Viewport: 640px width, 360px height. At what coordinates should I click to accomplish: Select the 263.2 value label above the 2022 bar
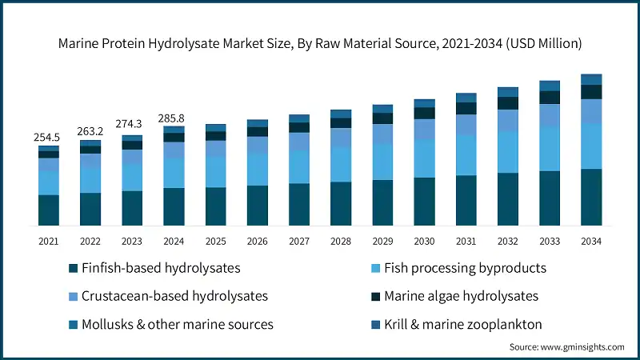pos(90,132)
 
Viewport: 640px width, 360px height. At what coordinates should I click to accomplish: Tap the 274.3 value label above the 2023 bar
pos(132,125)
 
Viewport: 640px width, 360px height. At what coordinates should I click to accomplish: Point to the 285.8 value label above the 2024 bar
pos(174,118)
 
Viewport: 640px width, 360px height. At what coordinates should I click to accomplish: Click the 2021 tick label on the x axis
pos(48,241)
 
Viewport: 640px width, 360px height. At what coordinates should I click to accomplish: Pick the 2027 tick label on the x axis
pos(299,241)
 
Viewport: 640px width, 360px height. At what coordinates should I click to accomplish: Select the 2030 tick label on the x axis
pos(424,241)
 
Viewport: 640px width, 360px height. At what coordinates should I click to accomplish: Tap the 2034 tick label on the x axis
pos(591,241)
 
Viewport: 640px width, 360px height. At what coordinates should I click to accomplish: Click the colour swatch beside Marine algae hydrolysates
pos(374,296)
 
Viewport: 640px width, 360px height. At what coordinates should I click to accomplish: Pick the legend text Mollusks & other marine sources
pos(178,324)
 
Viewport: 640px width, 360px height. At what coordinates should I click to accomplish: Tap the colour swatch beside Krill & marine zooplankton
pos(374,324)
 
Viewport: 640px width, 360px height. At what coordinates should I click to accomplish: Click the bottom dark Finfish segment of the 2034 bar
pos(591,197)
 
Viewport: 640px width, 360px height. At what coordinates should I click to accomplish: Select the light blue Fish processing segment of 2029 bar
pos(382,162)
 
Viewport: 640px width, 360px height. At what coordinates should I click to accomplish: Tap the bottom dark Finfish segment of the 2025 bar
pos(215,206)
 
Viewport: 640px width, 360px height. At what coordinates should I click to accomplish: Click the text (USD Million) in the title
pos(542,42)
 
